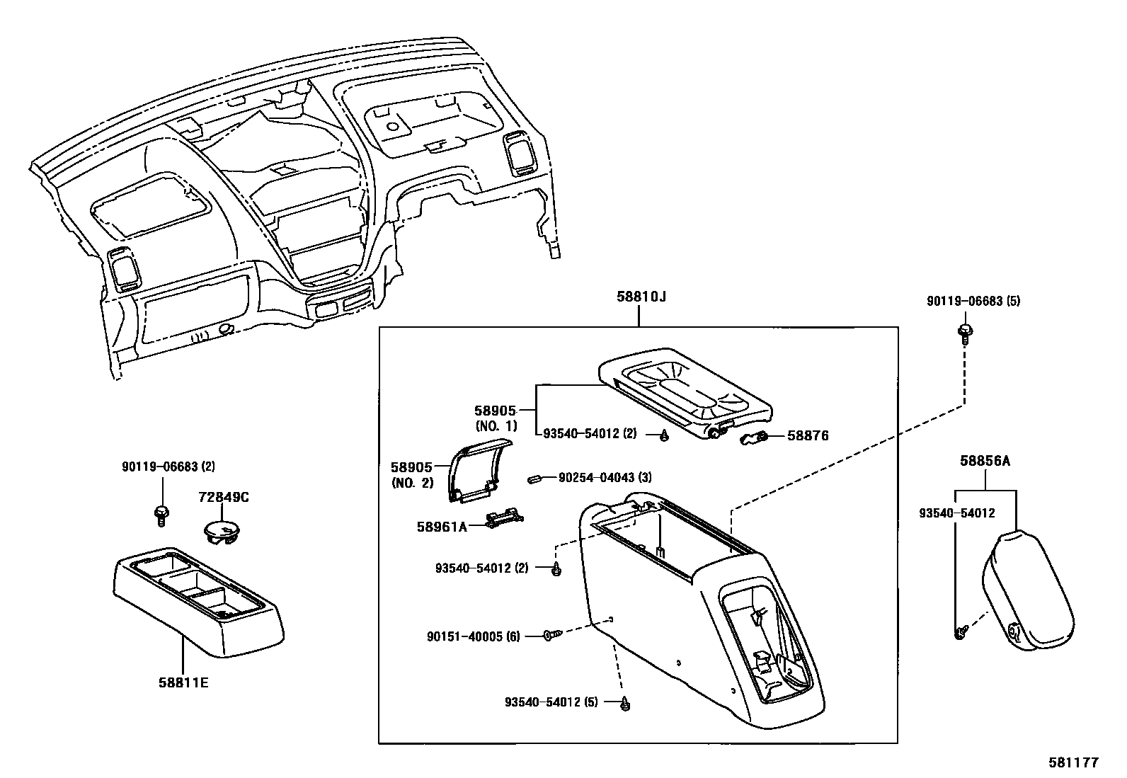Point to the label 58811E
point(183,683)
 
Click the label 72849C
point(223,497)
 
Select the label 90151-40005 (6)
point(473,636)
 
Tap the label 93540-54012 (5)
point(551,702)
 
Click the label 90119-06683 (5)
point(973,301)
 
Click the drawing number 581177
point(1073,762)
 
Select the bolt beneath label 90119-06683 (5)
point(964,332)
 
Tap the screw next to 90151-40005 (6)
point(551,636)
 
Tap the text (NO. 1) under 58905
point(496,426)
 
